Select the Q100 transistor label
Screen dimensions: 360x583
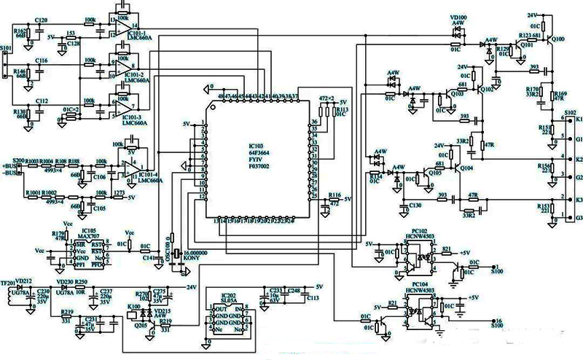(x=559, y=37)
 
